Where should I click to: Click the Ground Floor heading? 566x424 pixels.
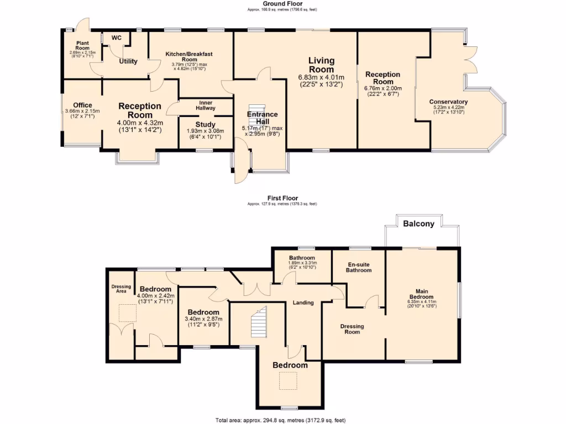[x=282, y=4]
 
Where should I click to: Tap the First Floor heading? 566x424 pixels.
[x=282, y=198]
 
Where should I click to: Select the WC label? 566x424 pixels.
[x=117, y=38]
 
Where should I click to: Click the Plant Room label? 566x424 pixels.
[x=83, y=45]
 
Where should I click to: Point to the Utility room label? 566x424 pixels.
[x=128, y=61]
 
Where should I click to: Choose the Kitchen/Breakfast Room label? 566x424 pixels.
[x=190, y=56]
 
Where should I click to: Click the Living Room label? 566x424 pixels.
[x=321, y=65]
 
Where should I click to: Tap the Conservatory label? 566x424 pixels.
[x=448, y=102]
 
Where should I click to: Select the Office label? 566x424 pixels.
[x=82, y=105]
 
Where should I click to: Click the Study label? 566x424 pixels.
[x=206, y=125]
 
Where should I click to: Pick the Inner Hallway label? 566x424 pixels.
[x=206, y=105]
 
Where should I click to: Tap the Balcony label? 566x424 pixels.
[x=418, y=224]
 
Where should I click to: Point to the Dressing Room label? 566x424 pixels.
[x=352, y=329]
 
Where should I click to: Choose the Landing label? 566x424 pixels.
[x=303, y=303]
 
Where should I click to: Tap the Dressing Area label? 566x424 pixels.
[x=121, y=288]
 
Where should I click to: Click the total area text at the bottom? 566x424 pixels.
[x=282, y=420]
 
